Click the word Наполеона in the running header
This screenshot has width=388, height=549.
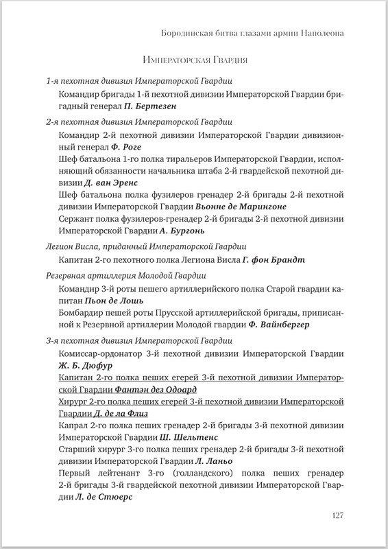[321, 32]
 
